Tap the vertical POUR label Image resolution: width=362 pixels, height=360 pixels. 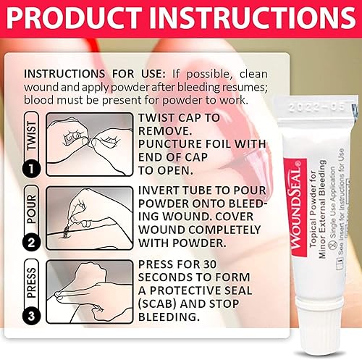pos(30,206)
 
